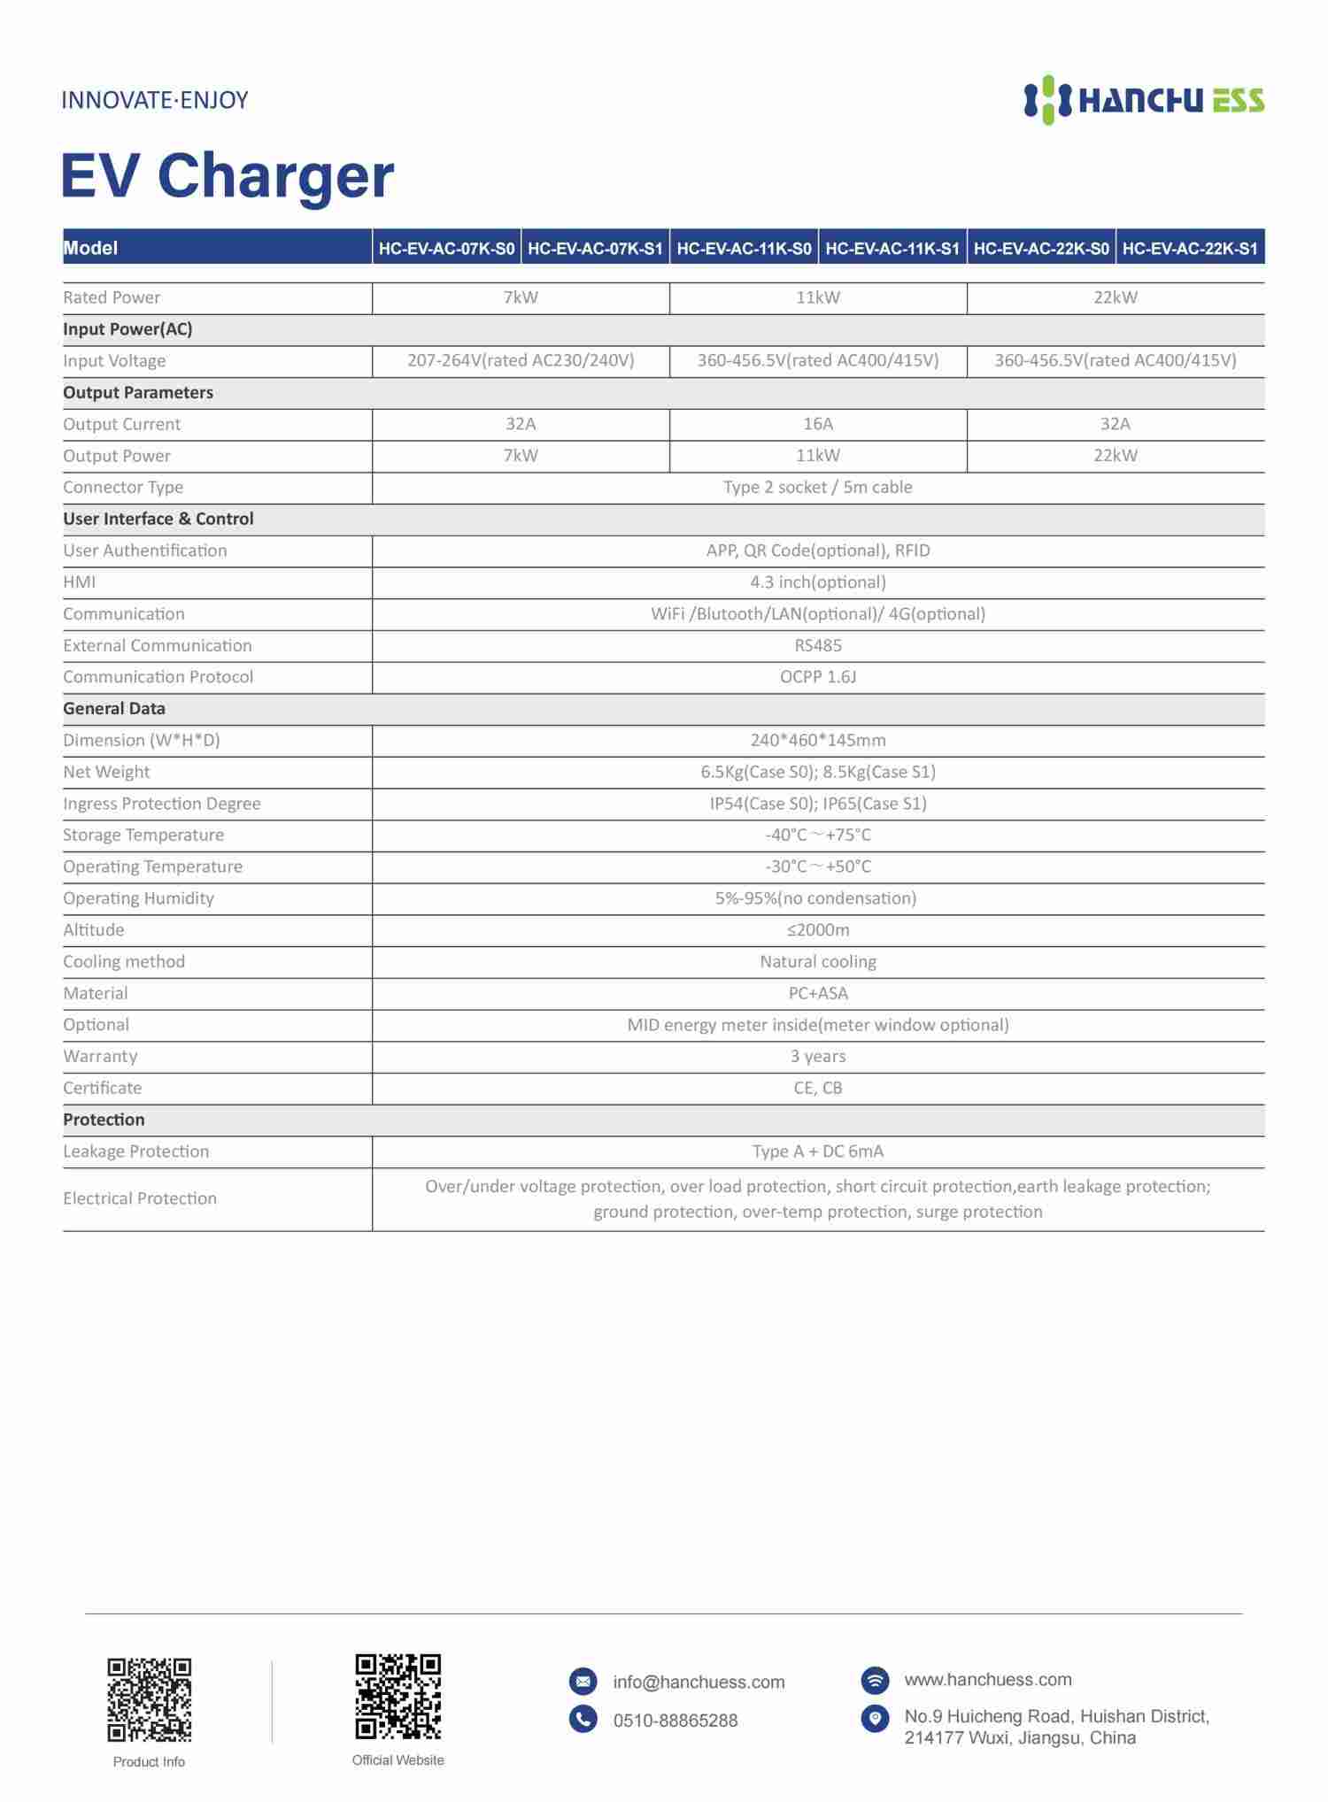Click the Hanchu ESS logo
tap(1144, 100)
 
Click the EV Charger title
tap(228, 175)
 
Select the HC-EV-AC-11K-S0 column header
tap(744, 249)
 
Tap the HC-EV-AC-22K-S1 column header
tap(1190, 249)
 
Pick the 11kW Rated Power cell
tap(818, 297)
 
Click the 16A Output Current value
tap(818, 424)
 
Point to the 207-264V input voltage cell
tap(521, 360)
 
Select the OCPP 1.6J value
tap(818, 677)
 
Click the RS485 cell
tap(818, 645)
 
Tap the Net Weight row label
tap(106, 772)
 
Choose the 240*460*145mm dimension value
tap(818, 740)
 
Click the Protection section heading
tap(104, 1120)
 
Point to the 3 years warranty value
tap(818, 1056)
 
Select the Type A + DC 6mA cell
tap(818, 1151)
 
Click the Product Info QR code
tap(149, 1700)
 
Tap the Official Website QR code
tap(398, 1696)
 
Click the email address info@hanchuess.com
tap(699, 1682)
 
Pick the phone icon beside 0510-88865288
tap(583, 1719)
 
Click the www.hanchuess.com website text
tap(987, 1679)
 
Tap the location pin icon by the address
tap(875, 1718)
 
